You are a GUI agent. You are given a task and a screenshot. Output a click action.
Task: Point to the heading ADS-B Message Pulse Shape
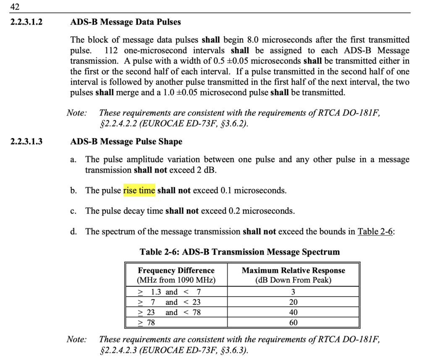click(x=126, y=142)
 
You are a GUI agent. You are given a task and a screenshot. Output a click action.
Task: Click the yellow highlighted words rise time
click(x=139, y=190)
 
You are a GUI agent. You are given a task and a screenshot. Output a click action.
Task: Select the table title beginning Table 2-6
click(x=239, y=252)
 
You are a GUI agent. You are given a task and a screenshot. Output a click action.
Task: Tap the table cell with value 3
click(x=293, y=292)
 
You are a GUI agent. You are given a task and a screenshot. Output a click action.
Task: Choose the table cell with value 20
click(x=293, y=302)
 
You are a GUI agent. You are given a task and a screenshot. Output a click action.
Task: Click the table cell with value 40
click(x=293, y=313)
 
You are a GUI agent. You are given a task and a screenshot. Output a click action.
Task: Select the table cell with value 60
click(x=293, y=323)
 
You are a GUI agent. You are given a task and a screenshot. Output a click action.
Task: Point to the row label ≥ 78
click(x=147, y=323)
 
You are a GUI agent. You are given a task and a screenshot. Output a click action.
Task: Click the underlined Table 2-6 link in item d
click(x=375, y=231)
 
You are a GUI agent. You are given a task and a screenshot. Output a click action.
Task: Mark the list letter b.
click(x=73, y=191)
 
